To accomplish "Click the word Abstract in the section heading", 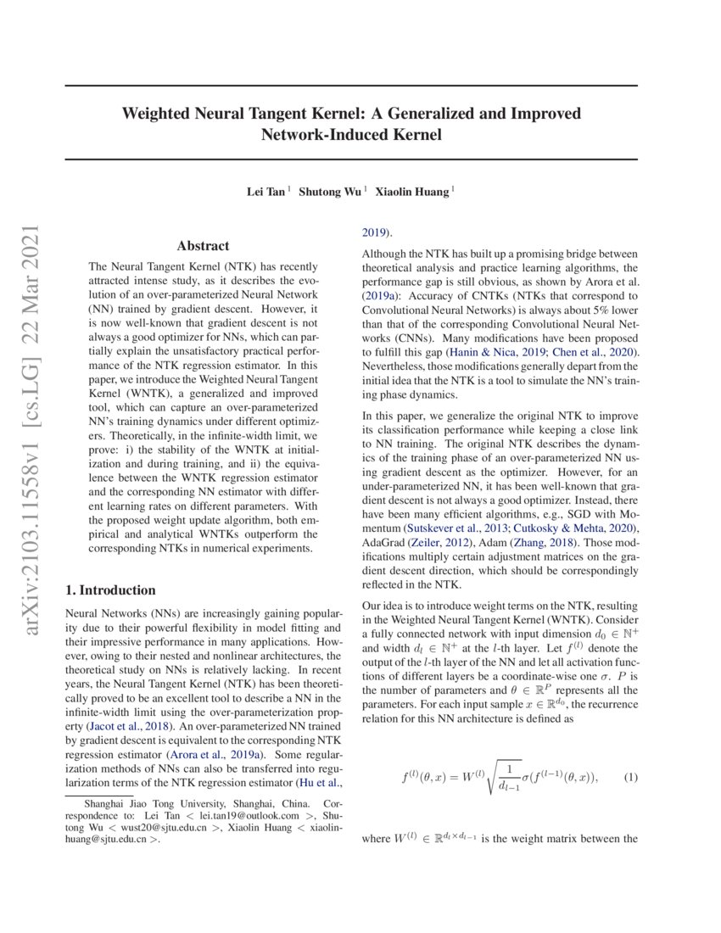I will click(x=203, y=246).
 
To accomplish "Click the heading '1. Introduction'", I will click(x=110, y=590).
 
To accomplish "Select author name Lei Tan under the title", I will click(x=265, y=192).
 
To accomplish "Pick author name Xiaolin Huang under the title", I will click(x=415, y=192).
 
